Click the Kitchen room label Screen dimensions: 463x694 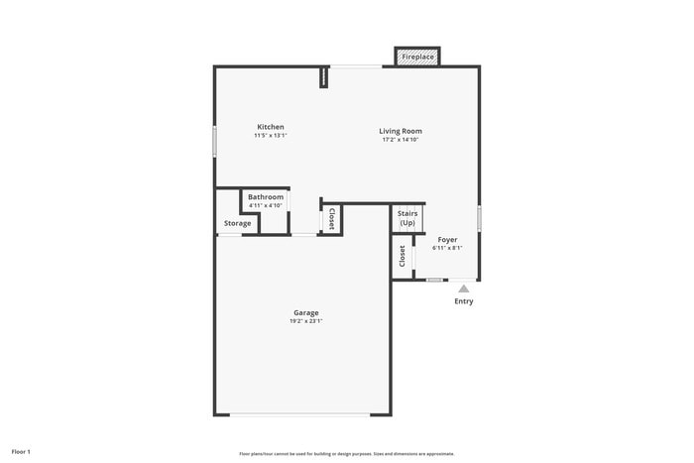tap(271, 127)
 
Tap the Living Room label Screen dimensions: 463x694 tap(401, 131)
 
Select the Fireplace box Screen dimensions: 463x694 tap(417, 58)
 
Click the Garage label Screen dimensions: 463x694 tap(305, 313)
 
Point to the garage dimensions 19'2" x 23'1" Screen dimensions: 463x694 tap(305, 321)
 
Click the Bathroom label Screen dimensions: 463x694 tap(266, 197)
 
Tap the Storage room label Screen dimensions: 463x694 tap(237, 223)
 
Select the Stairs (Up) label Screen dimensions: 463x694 tap(407, 218)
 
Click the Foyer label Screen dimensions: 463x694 tap(447, 240)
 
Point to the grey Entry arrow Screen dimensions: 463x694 tap(463, 289)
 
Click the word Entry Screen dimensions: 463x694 tap(463, 301)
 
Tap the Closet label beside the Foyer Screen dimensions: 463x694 tap(403, 256)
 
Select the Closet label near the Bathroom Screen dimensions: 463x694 tap(331, 218)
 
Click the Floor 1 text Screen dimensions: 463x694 tap(21, 452)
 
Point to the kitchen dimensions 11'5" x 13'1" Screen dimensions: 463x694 tap(271, 136)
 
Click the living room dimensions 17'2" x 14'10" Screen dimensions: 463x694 tap(401, 140)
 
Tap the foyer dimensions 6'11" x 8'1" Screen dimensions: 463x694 tap(447, 248)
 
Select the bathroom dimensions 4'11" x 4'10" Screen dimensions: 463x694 tap(266, 205)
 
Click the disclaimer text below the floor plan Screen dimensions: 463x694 tap(347, 453)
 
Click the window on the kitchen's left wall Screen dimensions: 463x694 tap(215, 140)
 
